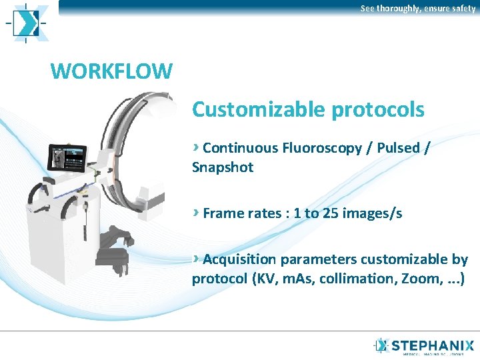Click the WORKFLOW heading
111,70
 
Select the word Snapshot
223,167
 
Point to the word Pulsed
397,147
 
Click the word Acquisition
237,259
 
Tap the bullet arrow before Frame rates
195,213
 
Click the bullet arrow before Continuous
195,147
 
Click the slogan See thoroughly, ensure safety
418,9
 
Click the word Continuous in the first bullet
240,147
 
